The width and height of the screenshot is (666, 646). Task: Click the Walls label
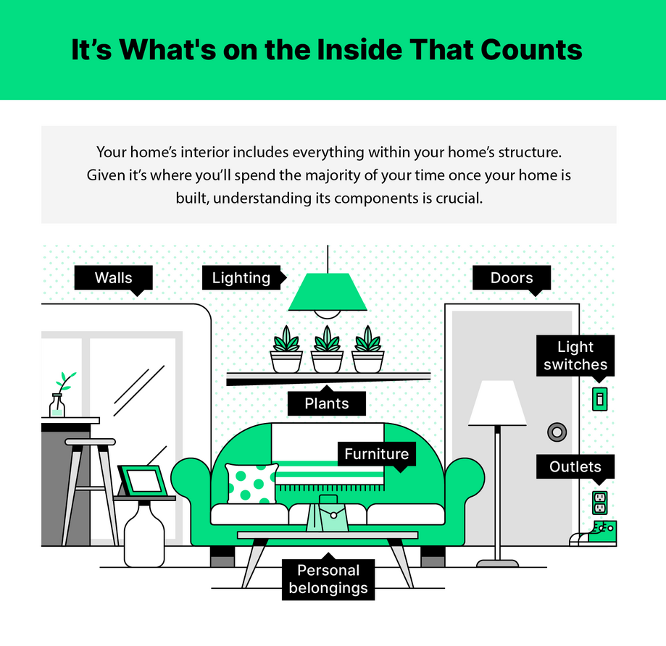(x=113, y=278)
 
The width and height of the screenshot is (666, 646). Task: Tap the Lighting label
(x=241, y=278)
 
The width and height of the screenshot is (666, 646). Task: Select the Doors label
(x=511, y=278)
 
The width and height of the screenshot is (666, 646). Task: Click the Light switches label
(x=575, y=356)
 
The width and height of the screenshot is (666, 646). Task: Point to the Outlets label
(x=575, y=467)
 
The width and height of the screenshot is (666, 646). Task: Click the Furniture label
(x=376, y=454)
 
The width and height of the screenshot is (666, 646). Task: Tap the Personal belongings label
(x=328, y=579)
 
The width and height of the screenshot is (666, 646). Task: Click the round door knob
(x=557, y=432)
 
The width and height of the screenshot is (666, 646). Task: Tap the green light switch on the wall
(x=599, y=398)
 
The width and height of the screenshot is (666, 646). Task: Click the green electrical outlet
(x=599, y=500)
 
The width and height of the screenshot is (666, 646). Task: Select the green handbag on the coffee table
(x=327, y=516)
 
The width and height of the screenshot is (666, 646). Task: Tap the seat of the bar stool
(x=90, y=441)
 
